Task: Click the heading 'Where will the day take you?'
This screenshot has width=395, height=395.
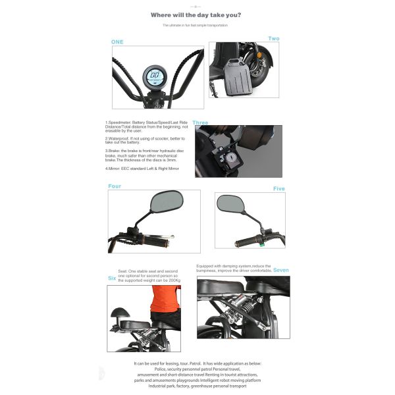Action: (196, 14)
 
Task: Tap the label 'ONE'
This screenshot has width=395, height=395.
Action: (117, 41)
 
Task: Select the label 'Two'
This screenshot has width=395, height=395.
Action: (273, 39)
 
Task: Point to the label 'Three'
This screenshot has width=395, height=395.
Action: (200, 123)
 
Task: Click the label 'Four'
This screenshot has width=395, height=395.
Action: (115, 186)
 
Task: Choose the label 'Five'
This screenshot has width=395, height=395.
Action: (279, 189)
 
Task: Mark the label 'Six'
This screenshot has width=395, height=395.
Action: (112, 278)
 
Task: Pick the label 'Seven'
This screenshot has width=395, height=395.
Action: (281, 270)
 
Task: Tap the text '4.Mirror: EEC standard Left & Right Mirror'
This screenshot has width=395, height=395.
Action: (141, 169)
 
